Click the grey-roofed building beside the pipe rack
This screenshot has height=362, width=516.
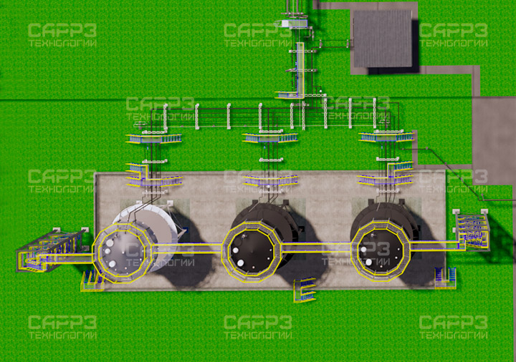[x=383, y=39]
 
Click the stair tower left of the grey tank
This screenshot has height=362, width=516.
[x=49, y=250]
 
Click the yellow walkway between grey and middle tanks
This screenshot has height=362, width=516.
[x=186, y=248]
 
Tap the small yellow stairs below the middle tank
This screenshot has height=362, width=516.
[x=305, y=290]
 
